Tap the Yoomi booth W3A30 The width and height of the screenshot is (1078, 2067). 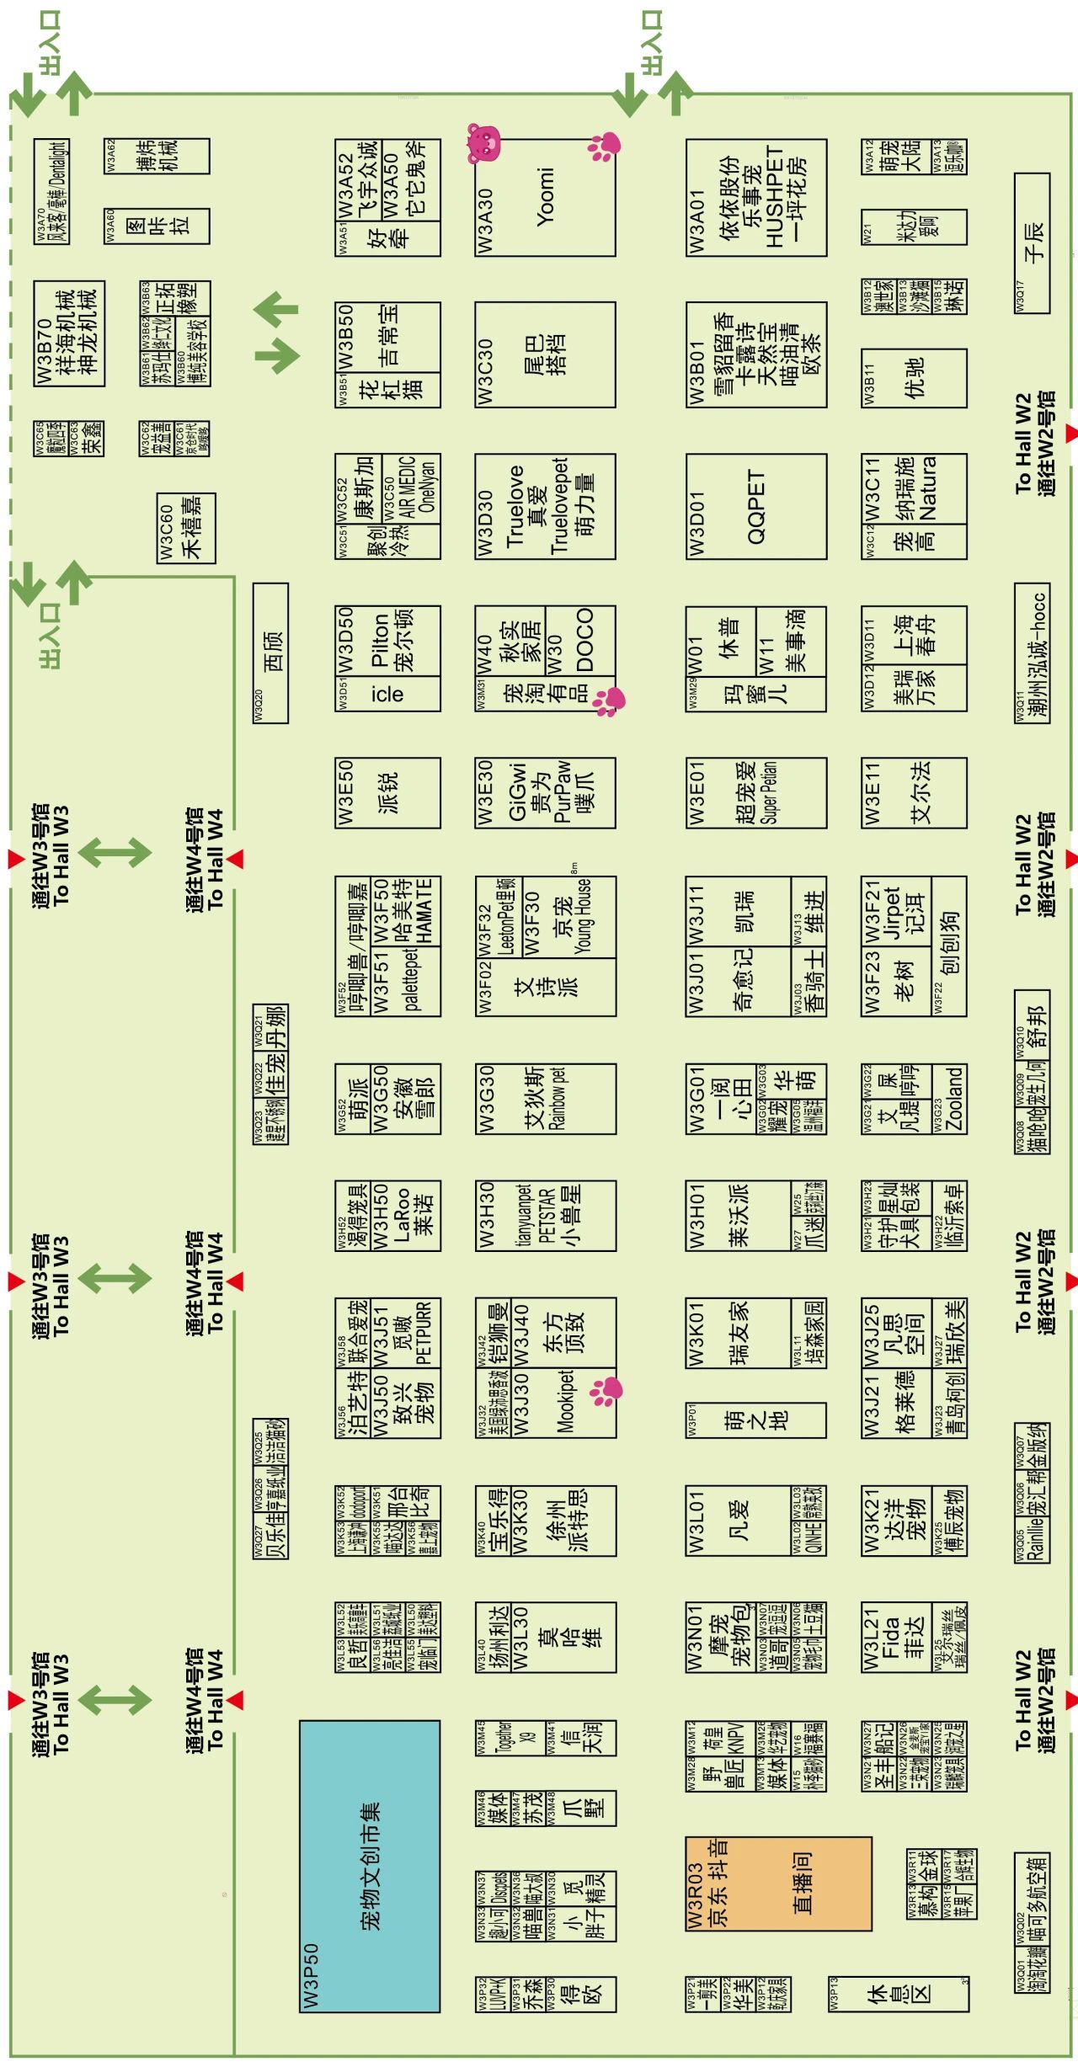click(545, 198)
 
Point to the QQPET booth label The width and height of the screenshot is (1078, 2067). click(755, 507)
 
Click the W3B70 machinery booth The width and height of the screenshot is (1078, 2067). click(69, 333)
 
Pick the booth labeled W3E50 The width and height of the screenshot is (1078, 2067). click(387, 793)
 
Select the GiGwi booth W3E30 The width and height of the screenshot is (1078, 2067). click(545, 793)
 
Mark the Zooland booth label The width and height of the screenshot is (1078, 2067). click(954, 1099)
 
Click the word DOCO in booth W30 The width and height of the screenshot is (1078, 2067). click(583, 639)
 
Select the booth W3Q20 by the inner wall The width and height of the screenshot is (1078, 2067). click(270, 653)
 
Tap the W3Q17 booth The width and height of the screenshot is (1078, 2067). click(1032, 242)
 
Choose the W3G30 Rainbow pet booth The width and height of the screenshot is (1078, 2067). click(545, 1098)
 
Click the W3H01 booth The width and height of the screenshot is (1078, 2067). click(738, 1215)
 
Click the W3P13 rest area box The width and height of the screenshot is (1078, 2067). click(898, 1993)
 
